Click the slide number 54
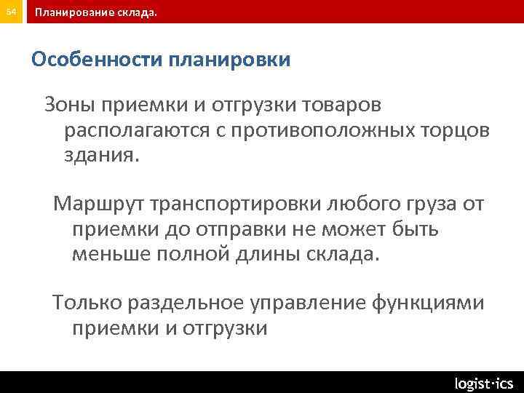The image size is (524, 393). click(x=12, y=12)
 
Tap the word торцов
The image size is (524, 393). click(x=455, y=132)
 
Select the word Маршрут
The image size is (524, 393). click(x=93, y=204)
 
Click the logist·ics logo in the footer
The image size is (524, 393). click(x=484, y=383)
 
